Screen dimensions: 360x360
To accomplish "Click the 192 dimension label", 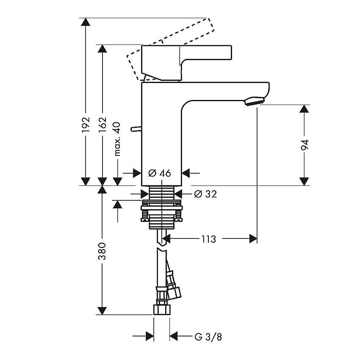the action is [86, 125].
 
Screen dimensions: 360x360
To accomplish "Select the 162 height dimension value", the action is [102, 125].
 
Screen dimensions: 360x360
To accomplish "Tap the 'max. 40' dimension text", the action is [117, 139].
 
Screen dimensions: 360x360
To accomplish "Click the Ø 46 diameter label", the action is [160, 173].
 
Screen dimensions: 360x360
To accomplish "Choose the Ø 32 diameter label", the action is [205, 194].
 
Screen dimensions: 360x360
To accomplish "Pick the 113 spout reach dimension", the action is [209, 239].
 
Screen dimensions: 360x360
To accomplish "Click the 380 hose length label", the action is [102, 251].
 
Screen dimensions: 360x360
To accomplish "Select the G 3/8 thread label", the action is [208, 337].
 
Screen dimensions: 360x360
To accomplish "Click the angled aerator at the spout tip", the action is [255, 101].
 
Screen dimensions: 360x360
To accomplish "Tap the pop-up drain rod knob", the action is [136, 129].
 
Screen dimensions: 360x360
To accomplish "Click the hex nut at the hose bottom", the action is [162, 310].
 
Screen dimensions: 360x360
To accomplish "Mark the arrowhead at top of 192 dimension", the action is [86, 22].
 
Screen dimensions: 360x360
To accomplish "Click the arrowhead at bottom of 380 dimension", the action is [102, 310].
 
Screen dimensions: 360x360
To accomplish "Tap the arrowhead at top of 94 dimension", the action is [305, 109].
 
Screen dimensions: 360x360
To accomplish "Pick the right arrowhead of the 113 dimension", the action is [253, 239].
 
